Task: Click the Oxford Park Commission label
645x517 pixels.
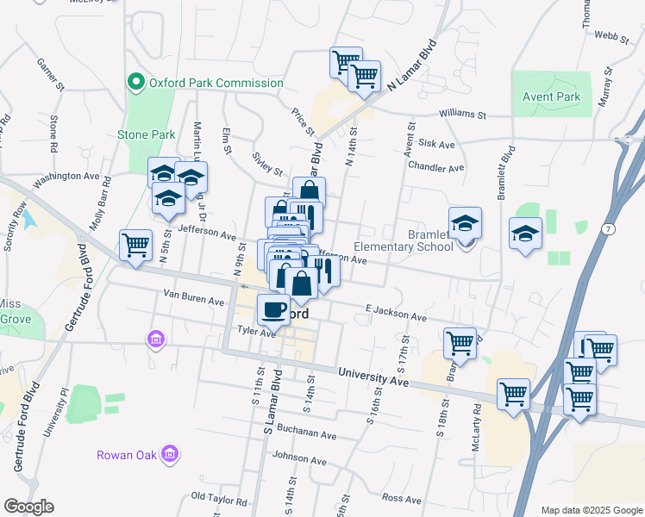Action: point(216,83)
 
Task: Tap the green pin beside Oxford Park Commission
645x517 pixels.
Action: point(135,83)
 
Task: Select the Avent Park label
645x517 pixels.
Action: point(552,97)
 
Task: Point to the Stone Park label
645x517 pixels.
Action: point(147,134)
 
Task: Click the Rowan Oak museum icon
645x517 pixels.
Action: point(170,453)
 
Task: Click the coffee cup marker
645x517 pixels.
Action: point(274,308)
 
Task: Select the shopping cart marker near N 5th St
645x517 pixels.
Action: point(136,245)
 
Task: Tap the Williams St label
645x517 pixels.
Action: point(462,114)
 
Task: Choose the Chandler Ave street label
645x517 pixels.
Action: point(436,167)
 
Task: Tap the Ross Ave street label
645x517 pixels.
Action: point(401,498)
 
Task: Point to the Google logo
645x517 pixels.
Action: point(28,506)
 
